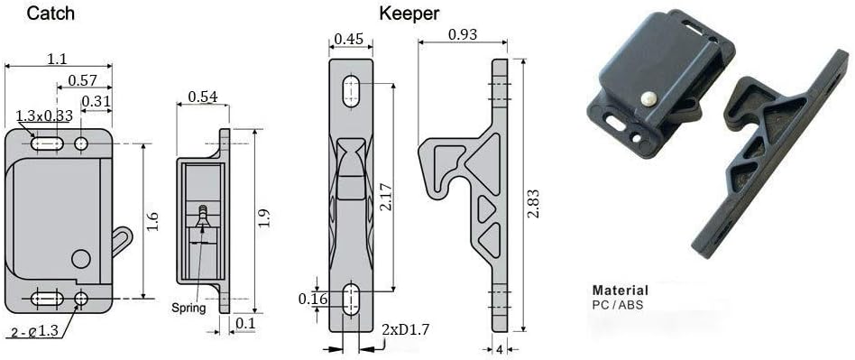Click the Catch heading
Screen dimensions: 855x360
[51, 14]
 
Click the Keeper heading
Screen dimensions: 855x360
[409, 14]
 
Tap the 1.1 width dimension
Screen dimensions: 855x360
[57, 59]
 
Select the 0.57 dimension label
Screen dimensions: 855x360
[82, 80]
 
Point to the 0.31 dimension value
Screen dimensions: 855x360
[96, 101]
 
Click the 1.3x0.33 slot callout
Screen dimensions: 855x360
[43, 116]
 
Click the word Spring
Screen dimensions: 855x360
[188, 308]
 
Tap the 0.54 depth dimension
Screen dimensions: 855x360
[203, 97]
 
